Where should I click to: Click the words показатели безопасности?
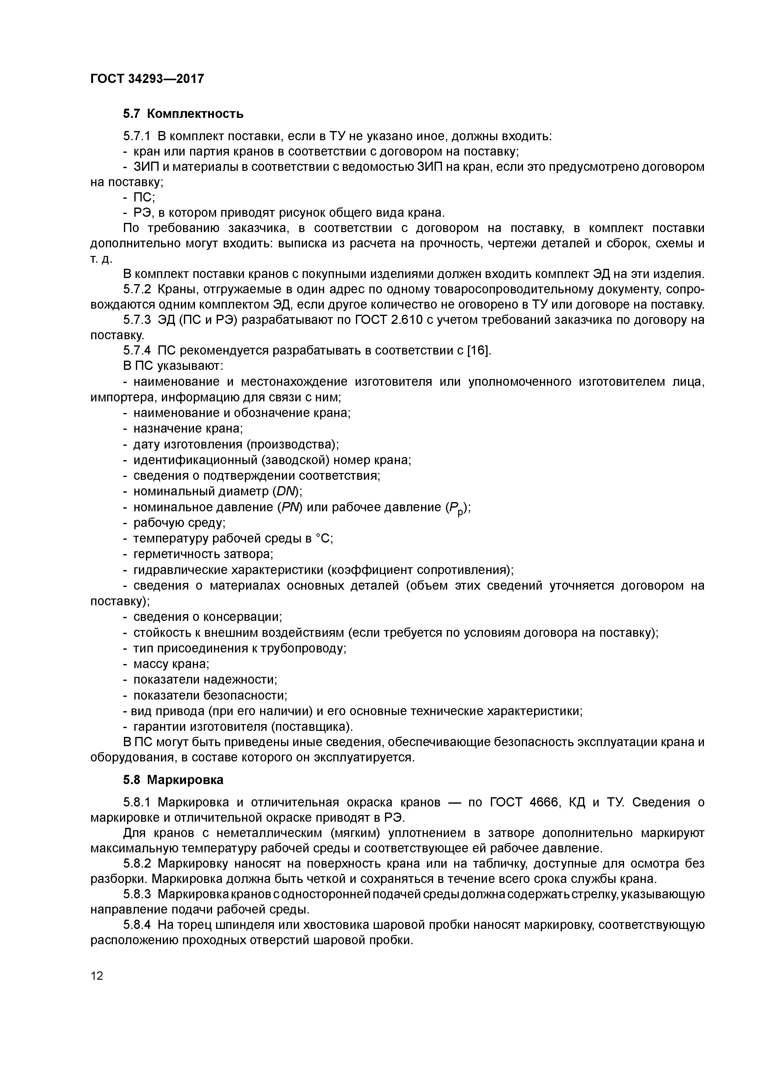pos(210,696)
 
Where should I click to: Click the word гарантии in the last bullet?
pos(159,727)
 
